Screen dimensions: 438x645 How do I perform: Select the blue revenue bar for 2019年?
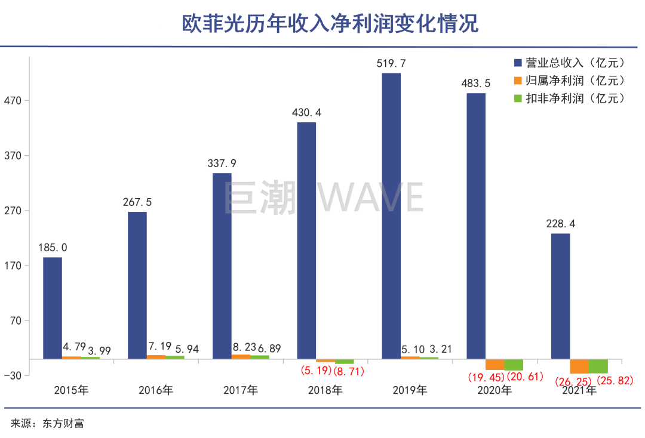391,215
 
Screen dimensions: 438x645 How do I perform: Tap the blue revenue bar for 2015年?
53,307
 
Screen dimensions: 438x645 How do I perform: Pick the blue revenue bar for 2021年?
560,296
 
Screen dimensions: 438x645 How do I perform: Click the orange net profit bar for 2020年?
494,365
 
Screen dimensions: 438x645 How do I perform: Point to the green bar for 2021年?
598,366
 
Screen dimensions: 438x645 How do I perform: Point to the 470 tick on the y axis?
13,100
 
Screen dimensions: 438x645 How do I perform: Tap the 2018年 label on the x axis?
325,391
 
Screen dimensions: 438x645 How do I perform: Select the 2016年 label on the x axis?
156,391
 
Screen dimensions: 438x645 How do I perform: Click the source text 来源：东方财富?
47,424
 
